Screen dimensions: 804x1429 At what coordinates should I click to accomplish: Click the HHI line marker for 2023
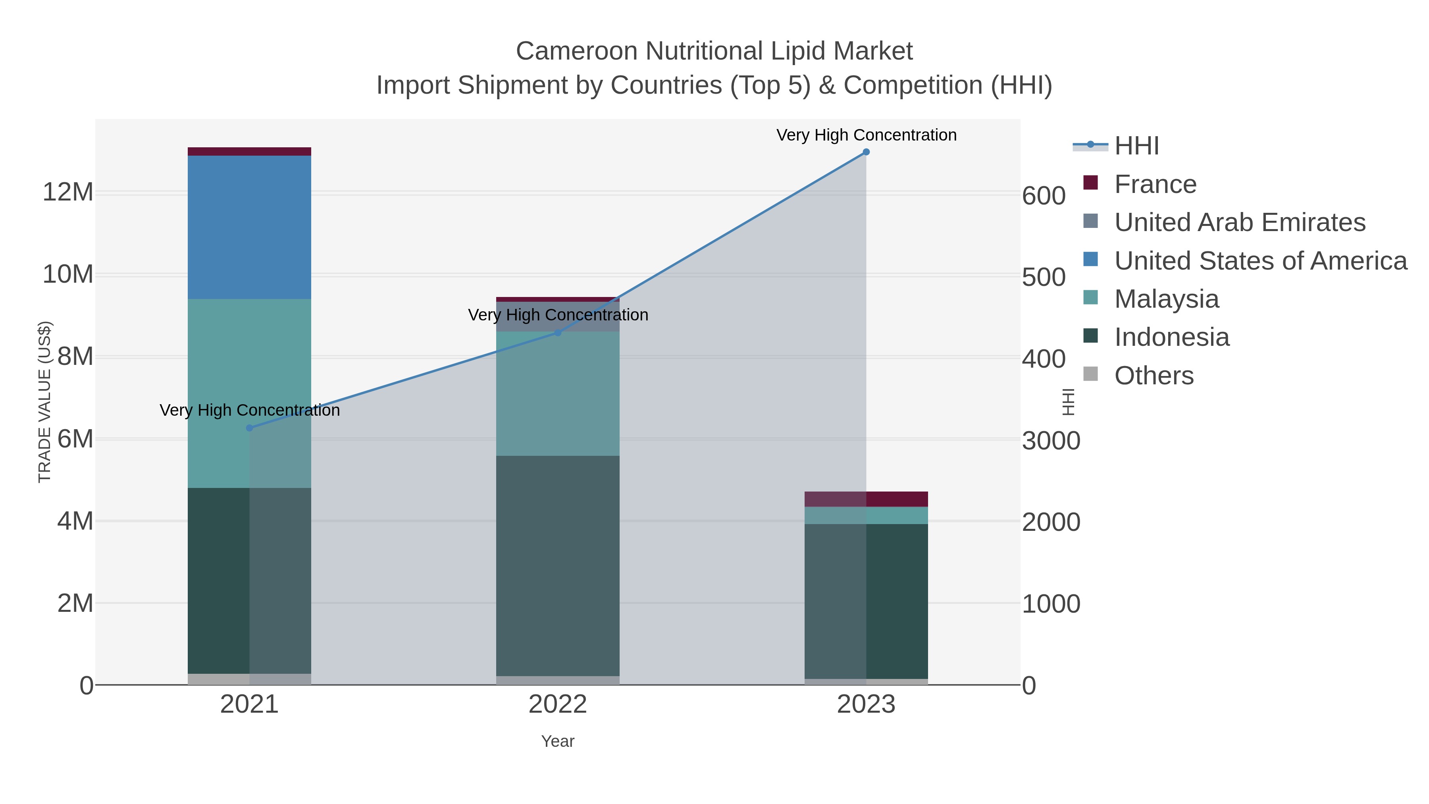(866, 152)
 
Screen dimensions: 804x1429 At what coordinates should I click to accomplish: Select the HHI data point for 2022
(558, 332)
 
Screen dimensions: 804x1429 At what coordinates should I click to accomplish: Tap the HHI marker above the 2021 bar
(250, 428)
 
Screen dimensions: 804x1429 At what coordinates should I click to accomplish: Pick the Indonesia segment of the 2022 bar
(558, 566)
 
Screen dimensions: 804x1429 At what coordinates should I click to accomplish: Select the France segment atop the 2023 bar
(866, 499)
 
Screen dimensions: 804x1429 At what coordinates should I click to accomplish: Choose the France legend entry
(1155, 184)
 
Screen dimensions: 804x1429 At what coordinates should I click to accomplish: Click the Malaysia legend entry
(1166, 299)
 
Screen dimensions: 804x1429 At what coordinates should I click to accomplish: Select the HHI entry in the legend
(1136, 146)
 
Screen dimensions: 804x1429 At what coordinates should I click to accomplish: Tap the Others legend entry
(1153, 376)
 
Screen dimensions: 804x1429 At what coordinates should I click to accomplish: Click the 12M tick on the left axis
(67, 193)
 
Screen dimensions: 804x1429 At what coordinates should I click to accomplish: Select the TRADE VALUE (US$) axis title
(44, 402)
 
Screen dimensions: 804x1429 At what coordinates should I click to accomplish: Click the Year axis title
(558, 741)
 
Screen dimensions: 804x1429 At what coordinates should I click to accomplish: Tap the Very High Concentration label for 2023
(866, 135)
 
